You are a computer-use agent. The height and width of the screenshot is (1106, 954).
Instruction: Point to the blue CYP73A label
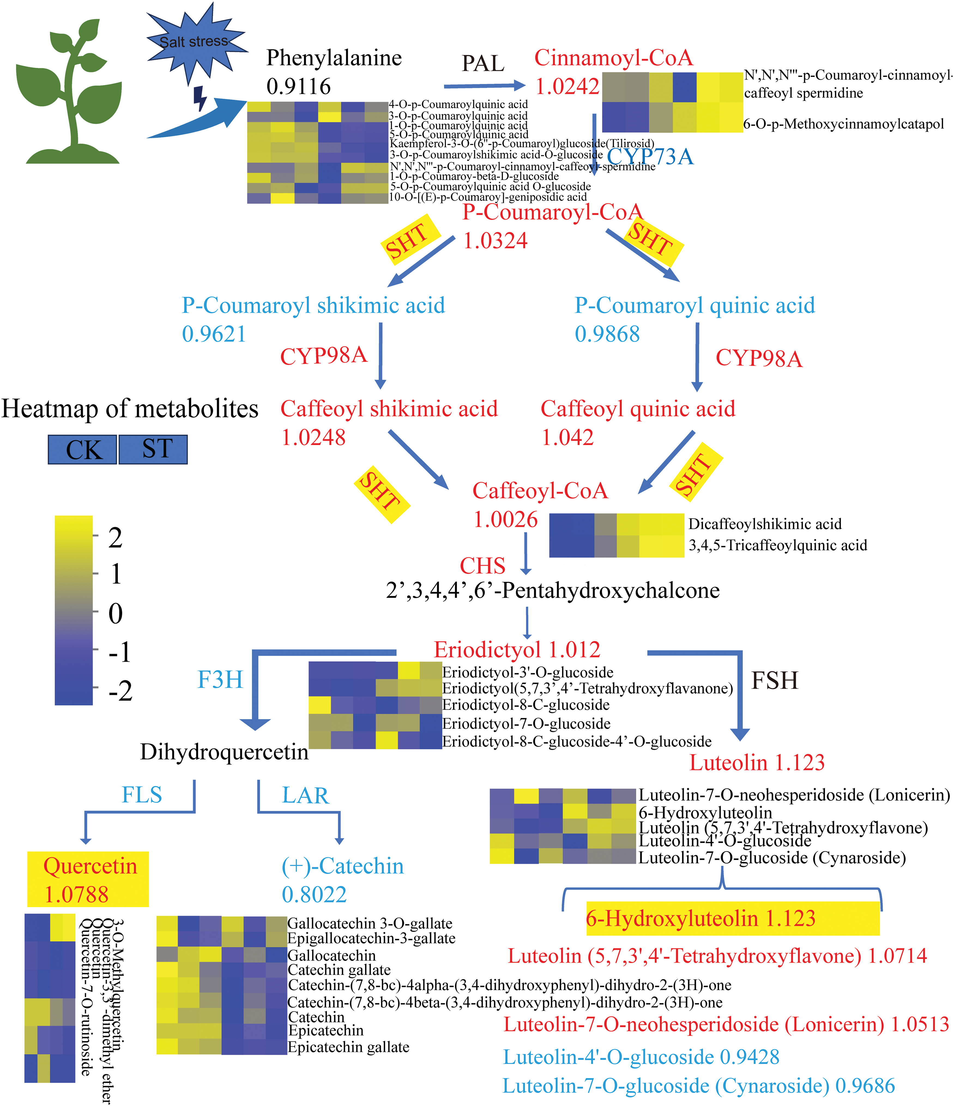tap(650, 157)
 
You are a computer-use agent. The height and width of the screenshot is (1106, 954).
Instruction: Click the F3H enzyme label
tap(220, 680)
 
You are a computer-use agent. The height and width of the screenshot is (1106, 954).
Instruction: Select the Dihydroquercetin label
tap(224, 752)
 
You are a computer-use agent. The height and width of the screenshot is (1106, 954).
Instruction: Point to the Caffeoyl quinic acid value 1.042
tap(567, 438)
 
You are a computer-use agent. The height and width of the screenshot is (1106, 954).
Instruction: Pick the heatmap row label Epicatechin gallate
tap(348, 1047)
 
